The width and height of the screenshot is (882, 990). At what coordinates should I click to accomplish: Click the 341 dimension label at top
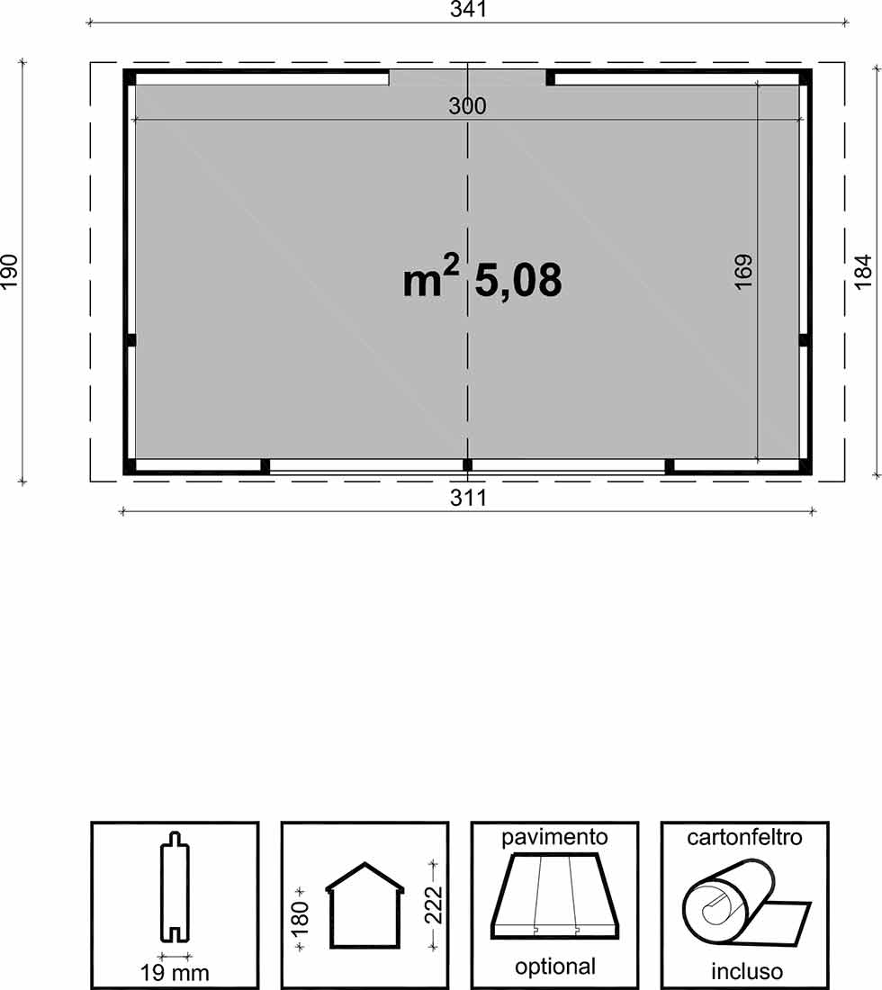(468, 10)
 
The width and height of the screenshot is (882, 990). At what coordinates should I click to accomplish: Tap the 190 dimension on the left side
(9, 272)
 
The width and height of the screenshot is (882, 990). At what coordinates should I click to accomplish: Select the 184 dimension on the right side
(863, 272)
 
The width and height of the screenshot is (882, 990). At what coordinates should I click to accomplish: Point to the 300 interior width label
(467, 106)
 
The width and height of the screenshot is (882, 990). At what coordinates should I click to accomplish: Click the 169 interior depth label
(743, 272)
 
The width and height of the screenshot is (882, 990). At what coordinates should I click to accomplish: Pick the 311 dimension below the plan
(469, 499)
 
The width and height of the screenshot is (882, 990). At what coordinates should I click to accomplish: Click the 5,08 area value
(518, 280)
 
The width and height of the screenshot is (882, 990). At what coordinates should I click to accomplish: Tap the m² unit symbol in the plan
(431, 276)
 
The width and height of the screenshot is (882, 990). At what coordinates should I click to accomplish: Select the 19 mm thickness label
(175, 973)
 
